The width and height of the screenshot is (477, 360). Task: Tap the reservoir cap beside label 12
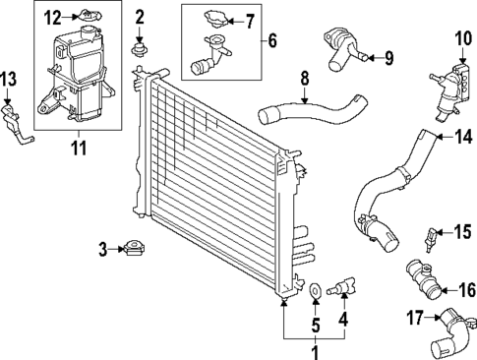click(89, 17)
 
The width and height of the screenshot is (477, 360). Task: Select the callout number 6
click(271, 42)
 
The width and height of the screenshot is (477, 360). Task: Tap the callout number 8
click(304, 76)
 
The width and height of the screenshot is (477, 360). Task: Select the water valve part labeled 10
click(446, 79)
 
